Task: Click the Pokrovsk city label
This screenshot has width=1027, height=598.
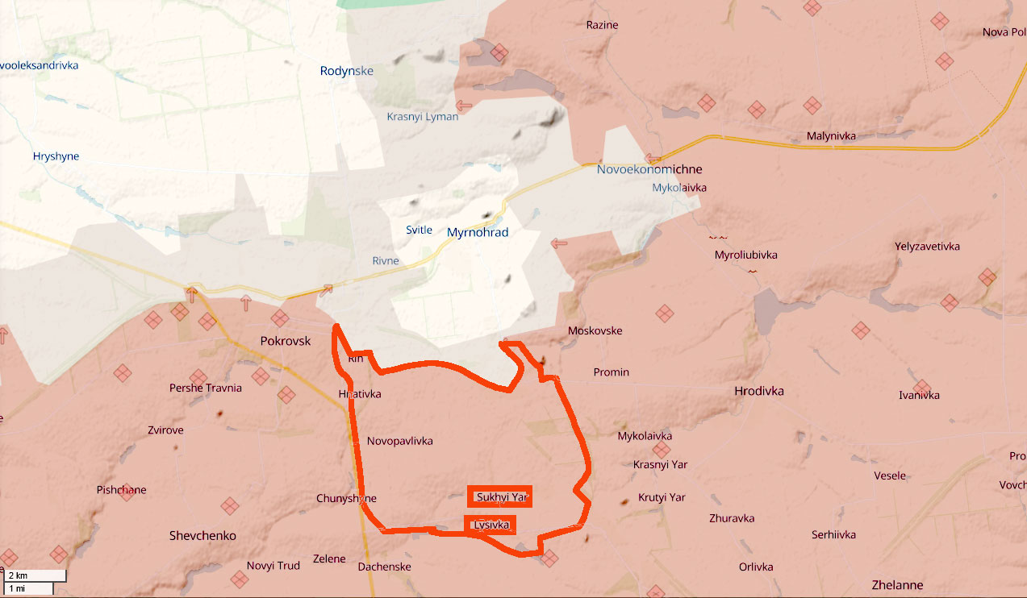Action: click(286, 341)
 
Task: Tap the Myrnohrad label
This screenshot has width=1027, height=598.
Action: click(478, 232)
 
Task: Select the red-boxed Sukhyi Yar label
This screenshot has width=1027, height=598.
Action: click(502, 497)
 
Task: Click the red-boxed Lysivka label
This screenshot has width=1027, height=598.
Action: click(491, 525)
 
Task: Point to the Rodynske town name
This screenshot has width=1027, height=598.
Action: click(347, 71)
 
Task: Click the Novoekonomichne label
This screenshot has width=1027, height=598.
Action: click(649, 169)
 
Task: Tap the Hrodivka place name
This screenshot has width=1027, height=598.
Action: click(759, 391)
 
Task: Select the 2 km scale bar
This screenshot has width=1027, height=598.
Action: click(33, 575)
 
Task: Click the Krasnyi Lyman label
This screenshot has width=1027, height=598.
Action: click(422, 117)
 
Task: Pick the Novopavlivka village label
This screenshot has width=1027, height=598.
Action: click(400, 441)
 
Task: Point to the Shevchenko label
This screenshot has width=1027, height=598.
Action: click(202, 536)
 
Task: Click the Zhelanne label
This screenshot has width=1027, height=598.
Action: click(897, 585)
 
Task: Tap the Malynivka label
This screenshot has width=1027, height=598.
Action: click(831, 136)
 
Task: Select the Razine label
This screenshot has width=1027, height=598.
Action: click(602, 25)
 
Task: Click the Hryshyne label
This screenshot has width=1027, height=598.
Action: click(56, 156)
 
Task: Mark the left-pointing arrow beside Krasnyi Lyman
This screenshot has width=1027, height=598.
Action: click(465, 106)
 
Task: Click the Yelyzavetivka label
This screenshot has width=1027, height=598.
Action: click(927, 247)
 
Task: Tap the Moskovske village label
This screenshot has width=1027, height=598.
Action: click(595, 331)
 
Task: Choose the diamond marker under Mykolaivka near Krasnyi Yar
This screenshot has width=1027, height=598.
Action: click(662, 450)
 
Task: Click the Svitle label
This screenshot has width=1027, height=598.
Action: click(419, 230)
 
